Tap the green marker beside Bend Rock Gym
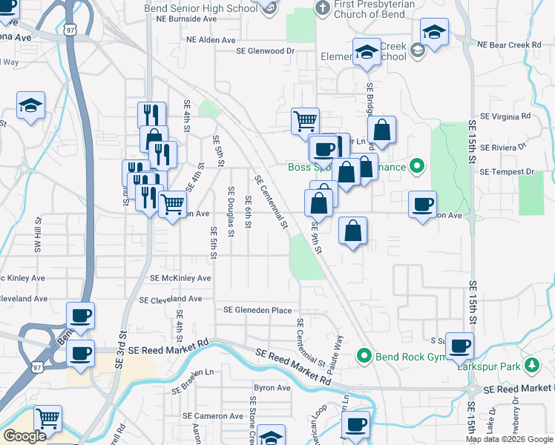(364, 356)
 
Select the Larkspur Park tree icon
(531, 366)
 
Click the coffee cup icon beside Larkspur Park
(460, 346)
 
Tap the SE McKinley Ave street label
(180, 278)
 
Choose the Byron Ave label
(272, 388)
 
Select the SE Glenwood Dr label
(265, 51)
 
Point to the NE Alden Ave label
(211, 40)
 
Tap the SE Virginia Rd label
(506, 116)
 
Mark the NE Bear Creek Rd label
(510, 45)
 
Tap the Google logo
(24, 436)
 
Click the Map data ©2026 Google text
(510, 439)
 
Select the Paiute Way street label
(339, 352)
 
